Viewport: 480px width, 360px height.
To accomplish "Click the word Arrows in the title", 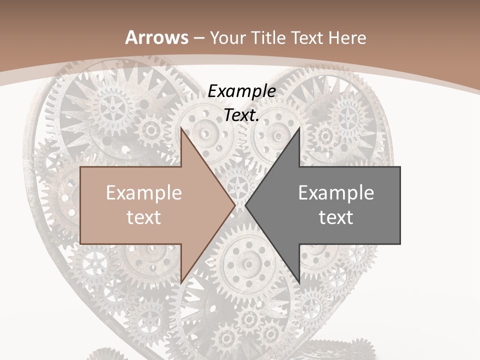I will click(x=156, y=37).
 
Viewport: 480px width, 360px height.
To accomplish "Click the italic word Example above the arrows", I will click(x=241, y=91).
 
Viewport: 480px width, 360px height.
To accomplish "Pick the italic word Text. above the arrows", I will click(x=241, y=115).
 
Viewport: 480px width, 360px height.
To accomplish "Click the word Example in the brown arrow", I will click(x=144, y=193).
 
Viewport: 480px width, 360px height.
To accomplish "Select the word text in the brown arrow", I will click(x=144, y=217).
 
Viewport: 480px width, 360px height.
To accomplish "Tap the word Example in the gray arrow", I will click(x=336, y=193).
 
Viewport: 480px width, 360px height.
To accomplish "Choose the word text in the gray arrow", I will click(x=336, y=217).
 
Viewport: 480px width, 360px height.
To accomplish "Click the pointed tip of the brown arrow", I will click(x=235, y=205).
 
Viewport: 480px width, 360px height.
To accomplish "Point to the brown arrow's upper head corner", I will click(x=181, y=129).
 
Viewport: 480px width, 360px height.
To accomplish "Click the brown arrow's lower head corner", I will click(x=181, y=281).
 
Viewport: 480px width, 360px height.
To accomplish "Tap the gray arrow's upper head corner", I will click(x=299, y=129).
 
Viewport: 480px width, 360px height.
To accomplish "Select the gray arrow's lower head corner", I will click(x=299, y=281).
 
